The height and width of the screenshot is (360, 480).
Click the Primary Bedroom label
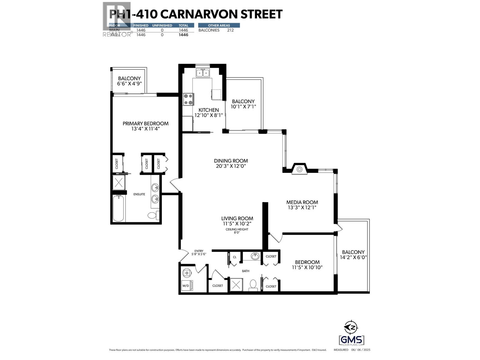(x=145, y=124)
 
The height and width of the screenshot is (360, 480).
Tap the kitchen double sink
(x=202, y=73)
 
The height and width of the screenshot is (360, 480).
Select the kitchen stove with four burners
(x=188, y=99)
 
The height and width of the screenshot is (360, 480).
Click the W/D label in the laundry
(x=186, y=286)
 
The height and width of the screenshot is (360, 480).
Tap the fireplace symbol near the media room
(x=299, y=169)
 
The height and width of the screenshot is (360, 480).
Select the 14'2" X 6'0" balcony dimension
(x=353, y=257)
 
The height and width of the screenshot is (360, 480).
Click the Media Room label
(x=302, y=202)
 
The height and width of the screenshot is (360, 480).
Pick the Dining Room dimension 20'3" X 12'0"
(x=231, y=166)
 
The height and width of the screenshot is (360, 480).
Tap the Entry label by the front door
(x=199, y=251)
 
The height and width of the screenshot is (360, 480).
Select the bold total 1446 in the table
(x=183, y=35)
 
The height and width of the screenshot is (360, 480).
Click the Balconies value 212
(x=230, y=30)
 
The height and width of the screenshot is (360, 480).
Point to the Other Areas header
(x=219, y=25)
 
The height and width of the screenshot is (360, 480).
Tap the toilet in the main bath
(x=253, y=285)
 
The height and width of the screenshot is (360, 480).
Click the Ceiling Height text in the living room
(x=237, y=229)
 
